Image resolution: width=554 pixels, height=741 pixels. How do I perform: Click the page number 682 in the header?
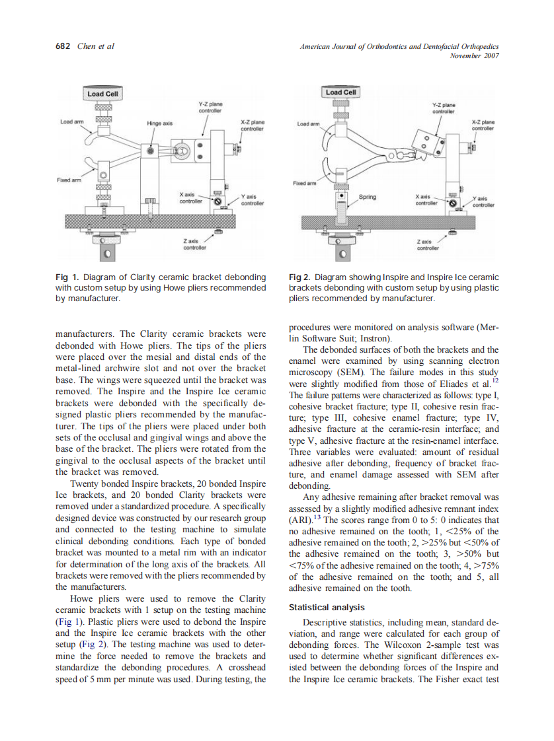pyautogui.click(x=62, y=46)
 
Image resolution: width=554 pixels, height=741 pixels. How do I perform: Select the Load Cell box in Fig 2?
pyautogui.click(x=341, y=92)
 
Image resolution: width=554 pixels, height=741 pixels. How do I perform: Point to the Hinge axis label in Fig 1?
pyautogui.click(x=159, y=123)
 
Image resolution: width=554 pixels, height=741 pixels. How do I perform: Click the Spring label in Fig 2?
pyautogui.click(x=367, y=196)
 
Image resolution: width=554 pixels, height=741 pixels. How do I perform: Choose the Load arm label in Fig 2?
pyautogui.click(x=308, y=123)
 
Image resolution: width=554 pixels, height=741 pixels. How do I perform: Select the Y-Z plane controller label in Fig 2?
pyautogui.click(x=443, y=108)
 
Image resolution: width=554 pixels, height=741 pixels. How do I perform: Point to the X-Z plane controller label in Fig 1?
pyautogui.click(x=252, y=125)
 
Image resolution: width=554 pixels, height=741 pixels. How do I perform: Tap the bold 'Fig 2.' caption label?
pyautogui.click(x=301, y=277)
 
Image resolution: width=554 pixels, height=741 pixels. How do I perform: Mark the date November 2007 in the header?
pyautogui.click(x=473, y=55)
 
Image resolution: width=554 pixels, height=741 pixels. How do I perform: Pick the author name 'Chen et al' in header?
pyautogui.click(x=96, y=46)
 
